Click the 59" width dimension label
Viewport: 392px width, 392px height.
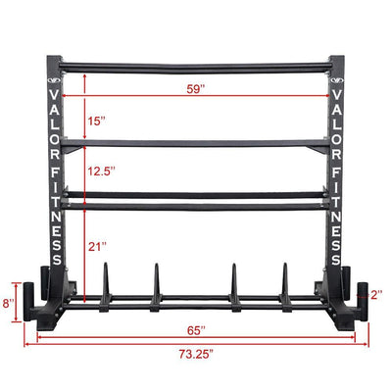[200, 89]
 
